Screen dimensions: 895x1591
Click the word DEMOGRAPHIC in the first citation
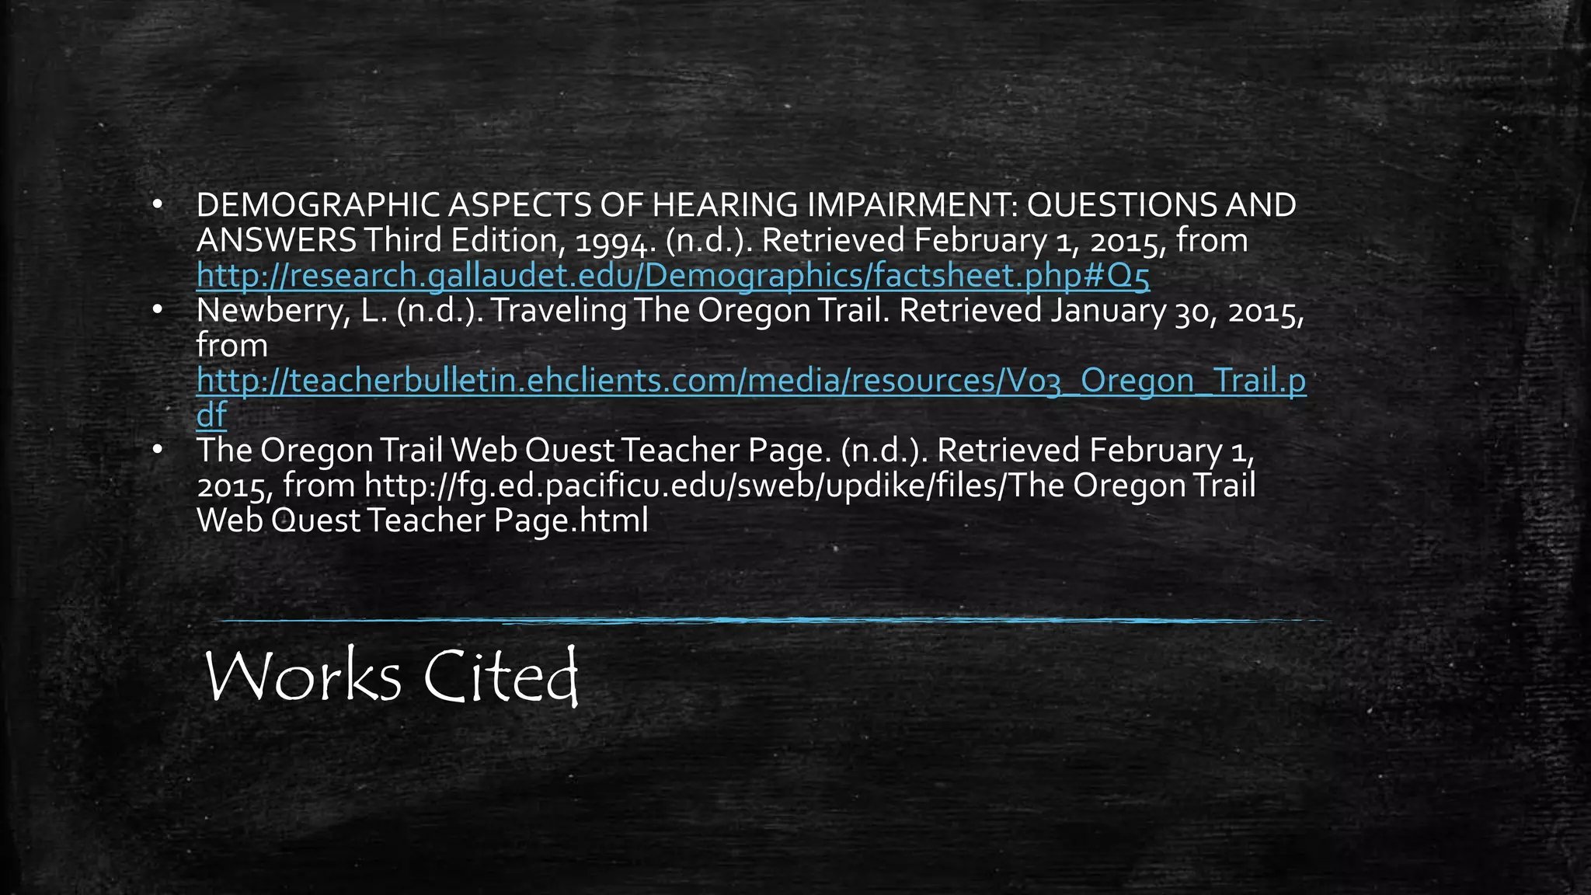click(x=319, y=206)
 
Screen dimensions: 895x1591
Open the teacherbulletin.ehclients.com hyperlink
click(x=750, y=381)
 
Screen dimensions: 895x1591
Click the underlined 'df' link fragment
click(x=211, y=416)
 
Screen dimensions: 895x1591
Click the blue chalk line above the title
click(x=769, y=621)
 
